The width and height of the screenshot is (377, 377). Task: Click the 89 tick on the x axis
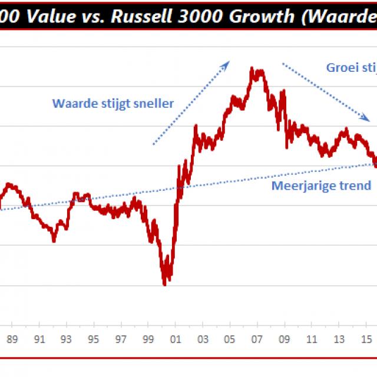point(12,339)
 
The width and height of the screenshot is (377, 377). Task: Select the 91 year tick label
point(39,339)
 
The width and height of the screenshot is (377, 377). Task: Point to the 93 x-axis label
point(67,339)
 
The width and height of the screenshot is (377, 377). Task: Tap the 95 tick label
point(94,339)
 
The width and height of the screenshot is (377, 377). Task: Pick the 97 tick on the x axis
point(121,339)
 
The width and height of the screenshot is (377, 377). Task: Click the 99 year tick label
point(148,339)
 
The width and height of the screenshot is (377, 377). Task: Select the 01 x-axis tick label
point(175,339)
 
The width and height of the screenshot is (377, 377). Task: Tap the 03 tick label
point(202,339)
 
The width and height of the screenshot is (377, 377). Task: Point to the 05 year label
point(230,339)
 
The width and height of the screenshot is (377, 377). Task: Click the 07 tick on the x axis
point(257,339)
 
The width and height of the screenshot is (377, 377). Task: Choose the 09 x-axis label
point(284,339)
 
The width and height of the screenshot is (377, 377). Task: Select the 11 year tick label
point(311,339)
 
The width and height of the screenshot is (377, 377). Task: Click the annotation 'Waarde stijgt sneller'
point(113,104)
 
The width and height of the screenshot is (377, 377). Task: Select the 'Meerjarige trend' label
point(321,186)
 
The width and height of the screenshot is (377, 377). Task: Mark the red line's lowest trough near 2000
point(165,284)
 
